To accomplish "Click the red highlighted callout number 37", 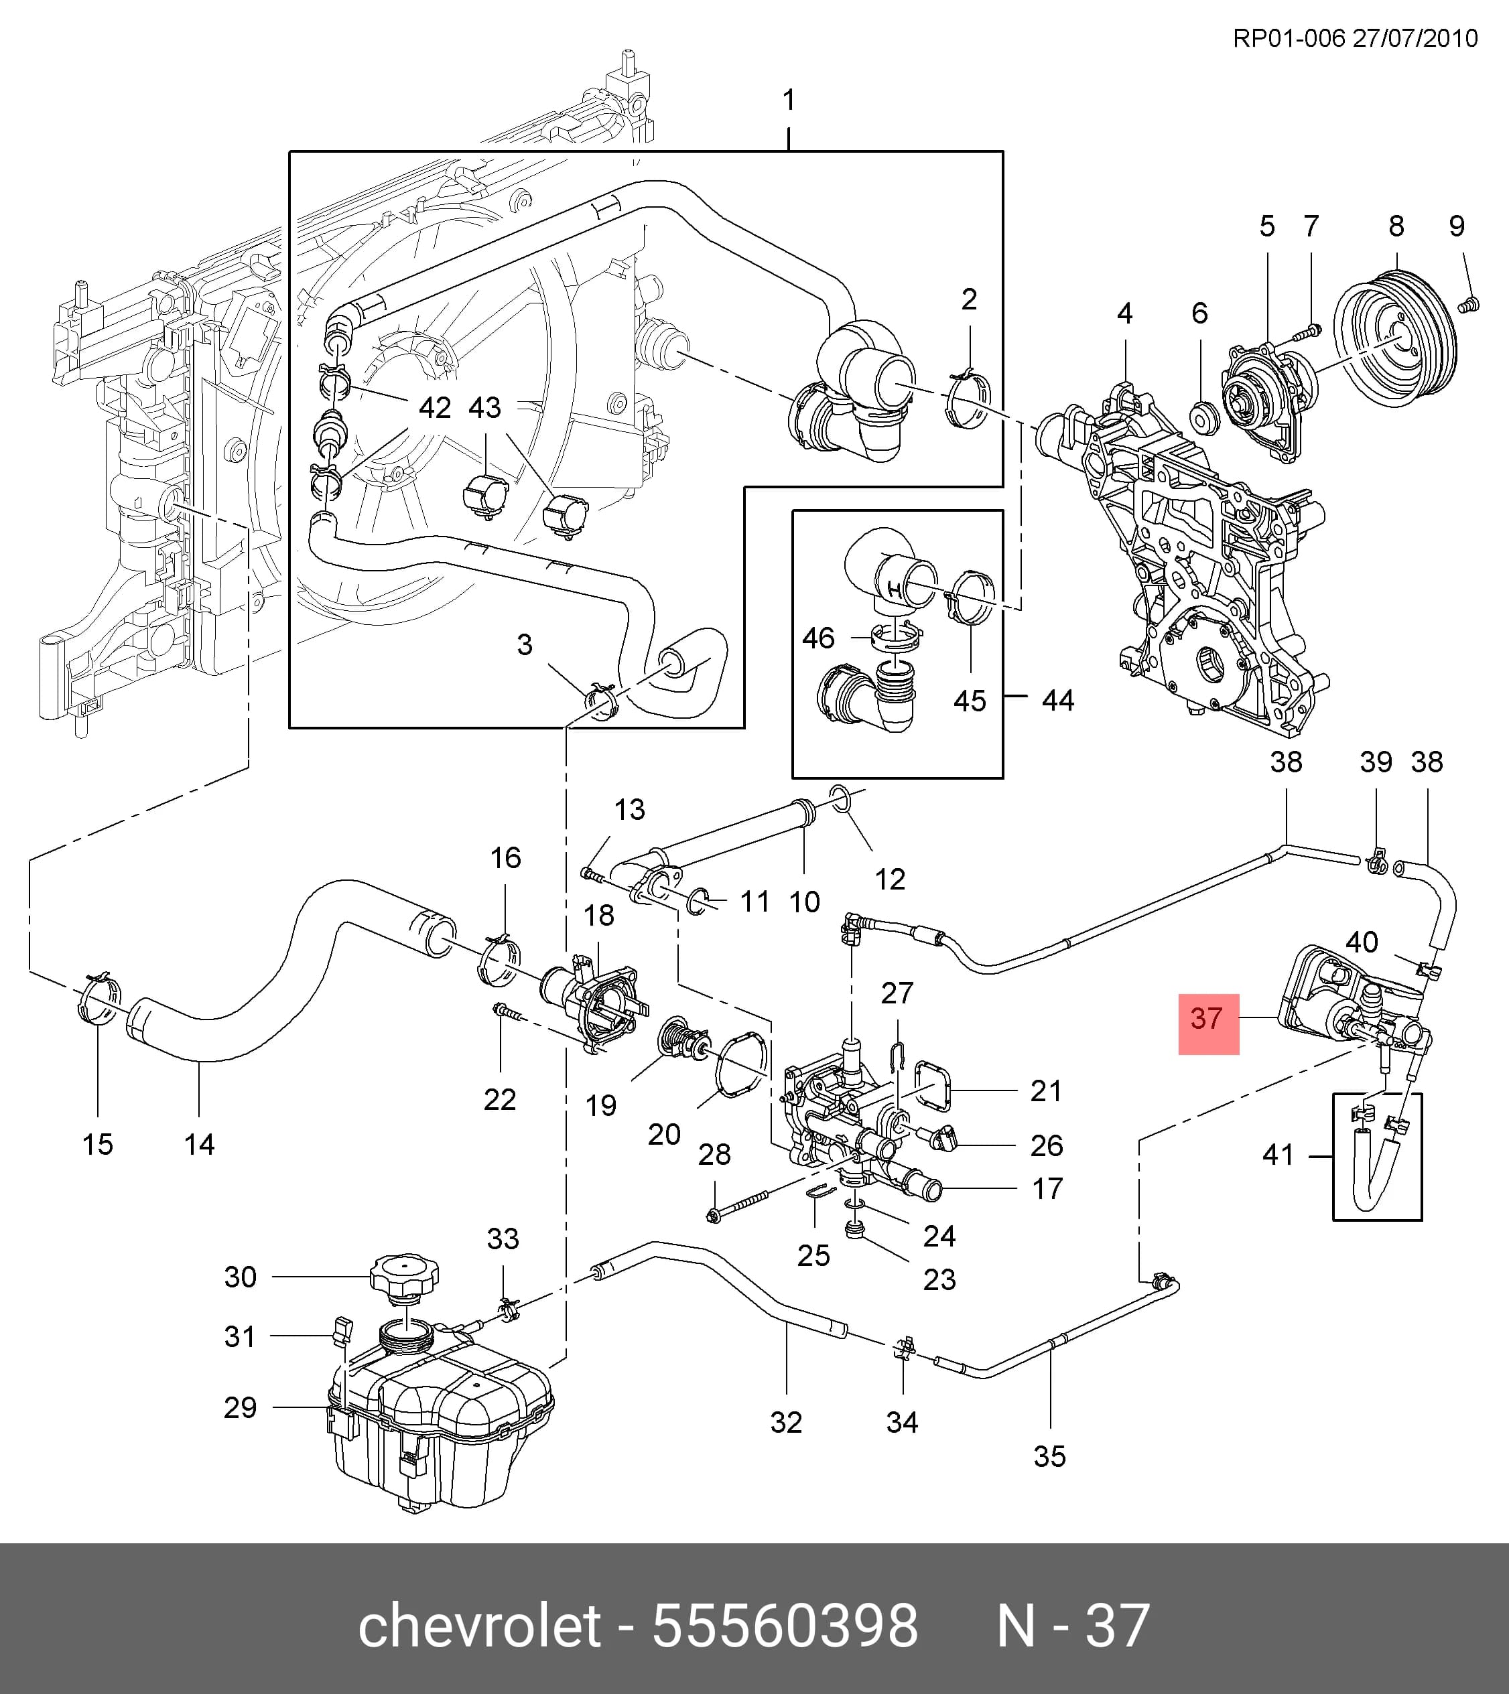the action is [x=1207, y=1019].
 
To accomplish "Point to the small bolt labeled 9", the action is [x=1467, y=303].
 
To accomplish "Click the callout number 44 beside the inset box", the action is [x=1058, y=701].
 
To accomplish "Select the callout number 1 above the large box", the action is [x=789, y=100].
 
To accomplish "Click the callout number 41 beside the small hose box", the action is [x=1278, y=1155].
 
